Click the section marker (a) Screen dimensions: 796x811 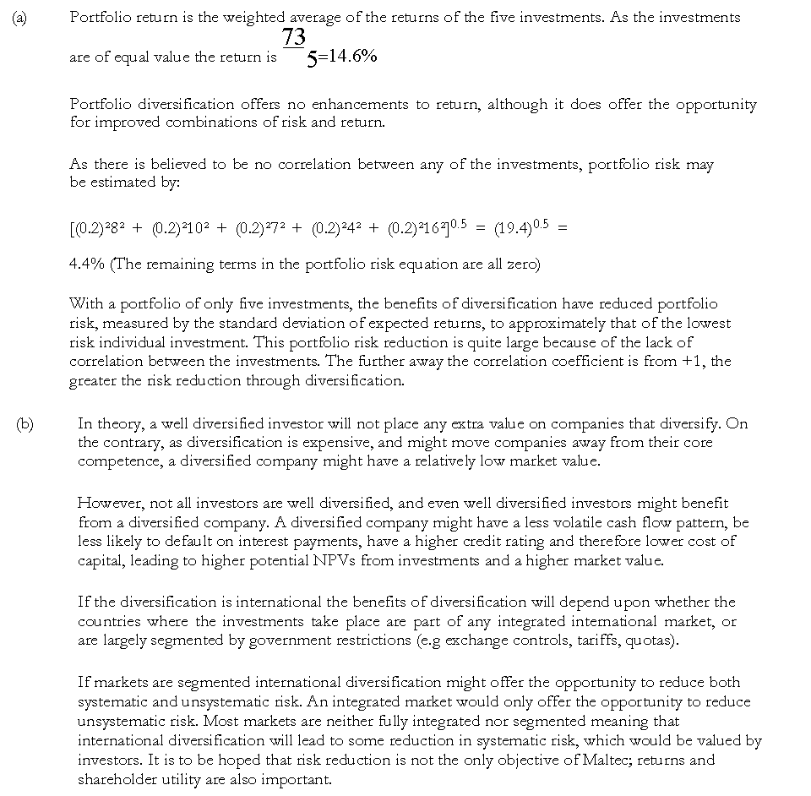[18, 17]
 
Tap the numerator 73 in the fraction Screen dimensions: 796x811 [294, 37]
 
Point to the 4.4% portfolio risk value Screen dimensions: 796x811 [86, 264]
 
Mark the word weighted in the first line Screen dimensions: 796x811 [246, 18]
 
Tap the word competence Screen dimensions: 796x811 [115, 461]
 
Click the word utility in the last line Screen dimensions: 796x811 [166, 779]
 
